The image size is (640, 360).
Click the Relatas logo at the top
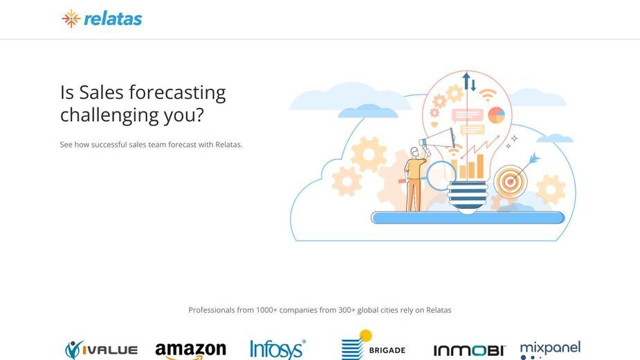click(102, 19)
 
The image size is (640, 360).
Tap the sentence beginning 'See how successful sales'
click(151, 145)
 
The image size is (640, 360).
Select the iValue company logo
click(101, 350)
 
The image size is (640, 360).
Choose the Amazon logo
click(190, 350)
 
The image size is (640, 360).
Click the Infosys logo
click(277, 350)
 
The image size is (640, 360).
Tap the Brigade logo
click(373, 345)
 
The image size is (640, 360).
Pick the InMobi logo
click(469, 350)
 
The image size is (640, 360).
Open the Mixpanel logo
click(550, 350)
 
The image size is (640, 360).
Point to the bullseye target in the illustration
click(510, 181)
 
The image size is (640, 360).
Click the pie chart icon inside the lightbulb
click(496, 115)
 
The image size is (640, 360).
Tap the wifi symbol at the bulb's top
click(487, 96)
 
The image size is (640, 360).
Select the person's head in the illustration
click(414, 152)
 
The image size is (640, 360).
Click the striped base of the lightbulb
click(467, 197)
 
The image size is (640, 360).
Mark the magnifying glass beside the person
click(441, 176)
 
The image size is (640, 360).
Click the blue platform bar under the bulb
click(468, 217)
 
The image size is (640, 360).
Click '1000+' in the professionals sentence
click(266, 310)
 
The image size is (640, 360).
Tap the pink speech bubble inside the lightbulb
click(467, 116)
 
